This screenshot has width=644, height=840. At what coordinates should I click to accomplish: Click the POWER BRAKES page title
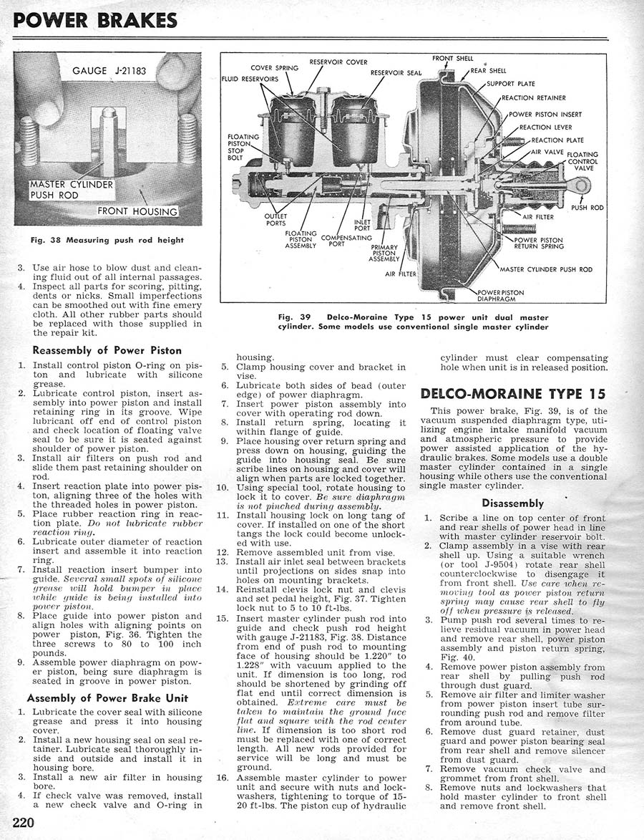point(95,19)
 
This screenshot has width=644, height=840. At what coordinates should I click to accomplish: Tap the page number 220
point(24,822)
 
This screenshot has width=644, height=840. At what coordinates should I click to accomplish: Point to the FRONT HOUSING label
point(137,211)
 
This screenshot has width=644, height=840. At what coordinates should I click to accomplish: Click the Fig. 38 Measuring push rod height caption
point(107,240)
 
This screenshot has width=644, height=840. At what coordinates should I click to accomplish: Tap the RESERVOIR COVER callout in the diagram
point(338,62)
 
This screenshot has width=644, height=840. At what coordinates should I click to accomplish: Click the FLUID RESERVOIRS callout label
point(249,79)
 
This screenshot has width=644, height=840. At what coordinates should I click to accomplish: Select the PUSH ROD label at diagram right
point(587,208)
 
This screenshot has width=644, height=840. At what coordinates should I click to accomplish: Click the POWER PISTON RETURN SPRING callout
point(538,243)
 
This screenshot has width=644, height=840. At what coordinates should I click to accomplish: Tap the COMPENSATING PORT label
point(346,241)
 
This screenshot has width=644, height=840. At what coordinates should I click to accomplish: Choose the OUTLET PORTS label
point(275,218)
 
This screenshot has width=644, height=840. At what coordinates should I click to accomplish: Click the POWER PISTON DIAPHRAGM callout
point(500,296)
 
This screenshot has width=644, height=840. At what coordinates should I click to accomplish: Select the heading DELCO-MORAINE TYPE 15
point(512,394)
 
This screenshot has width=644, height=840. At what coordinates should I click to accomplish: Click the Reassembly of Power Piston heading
point(107,350)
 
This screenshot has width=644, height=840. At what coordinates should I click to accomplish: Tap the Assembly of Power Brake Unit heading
point(107,697)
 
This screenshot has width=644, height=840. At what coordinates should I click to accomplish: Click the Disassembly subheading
point(512,503)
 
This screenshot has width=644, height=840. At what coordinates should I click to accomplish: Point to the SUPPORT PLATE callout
point(510,84)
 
